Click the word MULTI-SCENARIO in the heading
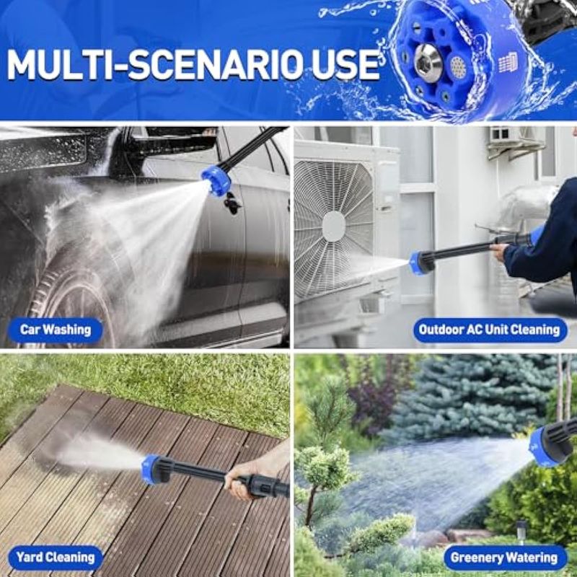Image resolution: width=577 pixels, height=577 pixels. (144, 65)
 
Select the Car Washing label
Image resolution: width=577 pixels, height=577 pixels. (56, 330)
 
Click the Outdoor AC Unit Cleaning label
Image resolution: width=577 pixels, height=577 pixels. (490, 330)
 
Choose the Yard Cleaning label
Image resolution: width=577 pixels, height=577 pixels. (56, 558)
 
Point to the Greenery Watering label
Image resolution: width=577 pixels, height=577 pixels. (504, 558)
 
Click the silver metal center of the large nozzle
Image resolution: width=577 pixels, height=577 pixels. (428, 61)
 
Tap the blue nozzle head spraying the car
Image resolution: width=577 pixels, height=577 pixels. (216, 180)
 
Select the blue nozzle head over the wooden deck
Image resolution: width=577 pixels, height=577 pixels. (152, 469)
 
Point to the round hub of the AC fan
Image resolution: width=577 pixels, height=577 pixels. (333, 226)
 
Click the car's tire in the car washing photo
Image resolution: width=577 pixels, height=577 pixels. (74, 309)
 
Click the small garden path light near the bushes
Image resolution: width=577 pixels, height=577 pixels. (520, 531)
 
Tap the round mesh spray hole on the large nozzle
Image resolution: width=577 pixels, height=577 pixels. (458, 66)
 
